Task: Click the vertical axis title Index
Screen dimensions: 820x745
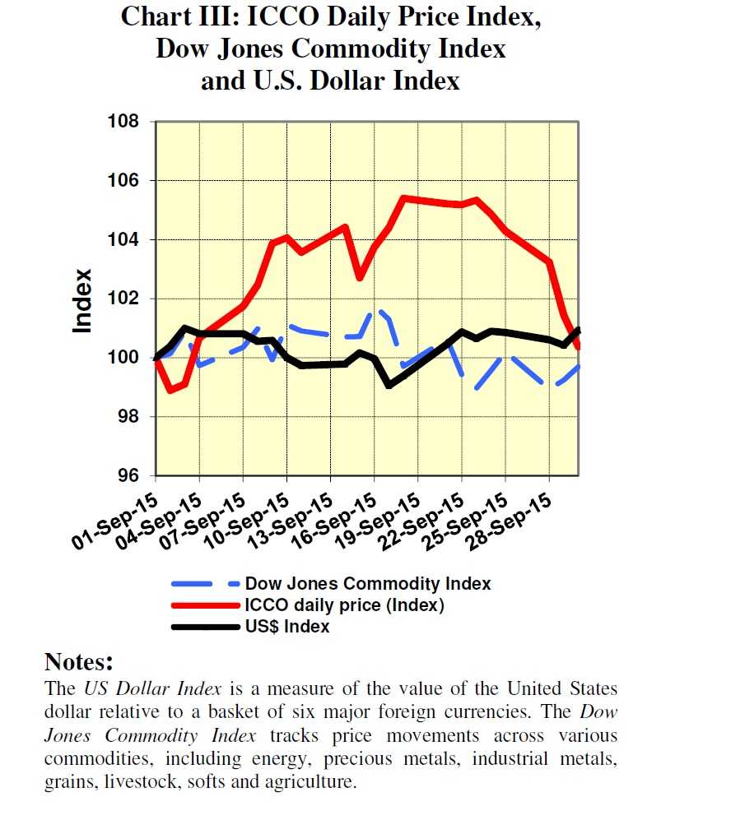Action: point(82,300)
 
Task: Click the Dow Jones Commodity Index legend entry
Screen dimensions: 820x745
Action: point(367,584)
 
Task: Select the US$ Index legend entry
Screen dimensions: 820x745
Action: point(286,627)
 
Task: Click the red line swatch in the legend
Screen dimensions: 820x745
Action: point(205,606)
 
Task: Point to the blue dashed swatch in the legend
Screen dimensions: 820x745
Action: point(205,585)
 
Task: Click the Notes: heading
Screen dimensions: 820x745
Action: point(78,662)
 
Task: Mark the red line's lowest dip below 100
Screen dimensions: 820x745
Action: point(170,390)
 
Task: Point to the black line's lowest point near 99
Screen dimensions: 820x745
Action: point(389,384)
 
